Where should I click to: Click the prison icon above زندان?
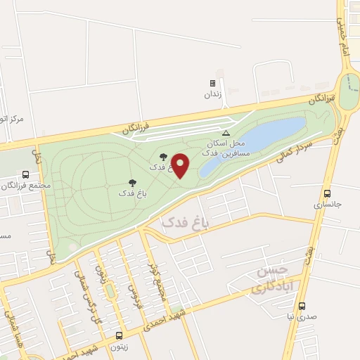point(212,83)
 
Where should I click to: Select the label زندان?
point(212,94)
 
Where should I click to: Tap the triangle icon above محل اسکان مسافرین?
point(226,132)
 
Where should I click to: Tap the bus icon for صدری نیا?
point(302,306)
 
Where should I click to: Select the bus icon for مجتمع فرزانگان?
point(26,174)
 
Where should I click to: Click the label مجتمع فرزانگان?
point(27,186)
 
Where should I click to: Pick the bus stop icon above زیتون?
point(118,335)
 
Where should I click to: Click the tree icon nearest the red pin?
point(164,157)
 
